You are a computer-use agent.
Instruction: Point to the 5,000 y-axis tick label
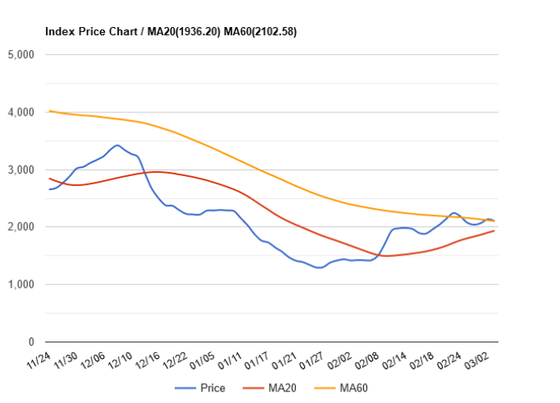(x=19, y=55)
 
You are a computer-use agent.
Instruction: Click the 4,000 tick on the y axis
(x=19, y=112)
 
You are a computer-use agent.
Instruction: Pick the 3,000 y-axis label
(x=19, y=170)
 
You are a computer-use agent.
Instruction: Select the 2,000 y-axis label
(x=19, y=227)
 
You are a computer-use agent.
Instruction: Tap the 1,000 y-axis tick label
(x=19, y=284)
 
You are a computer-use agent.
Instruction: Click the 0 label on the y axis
(x=29, y=342)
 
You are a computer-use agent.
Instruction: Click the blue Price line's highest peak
(x=118, y=146)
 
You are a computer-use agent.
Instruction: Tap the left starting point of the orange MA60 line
(x=49, y=111)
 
